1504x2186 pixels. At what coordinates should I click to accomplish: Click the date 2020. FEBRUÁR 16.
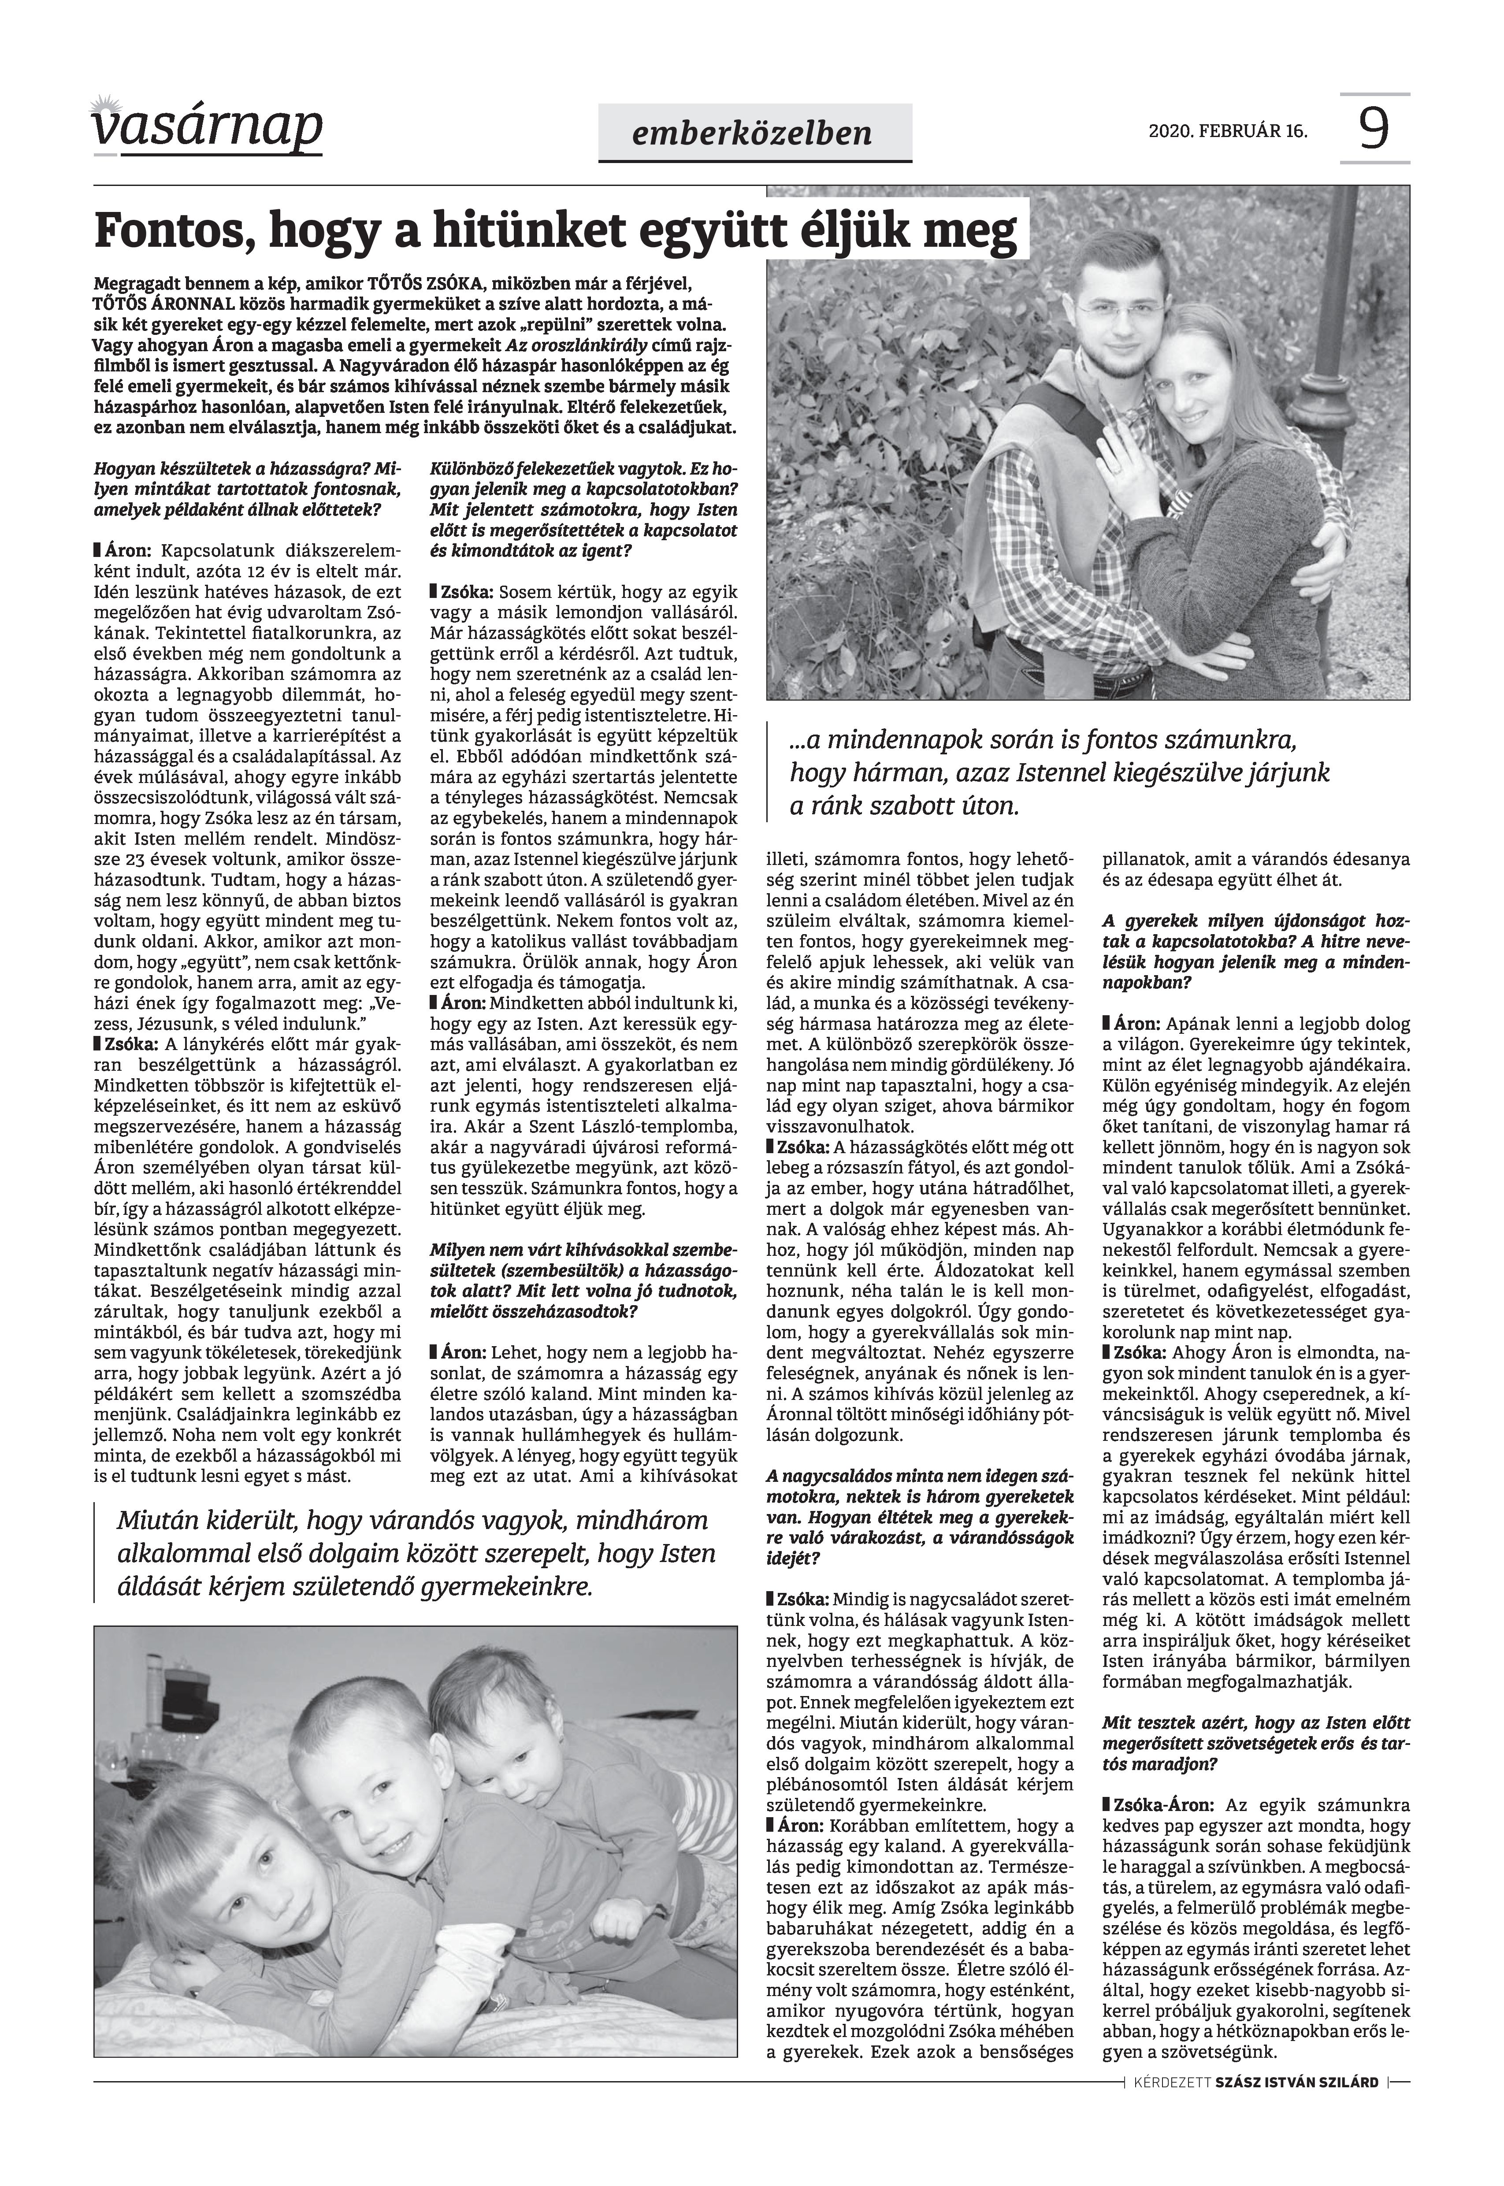tap(1228, 131)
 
